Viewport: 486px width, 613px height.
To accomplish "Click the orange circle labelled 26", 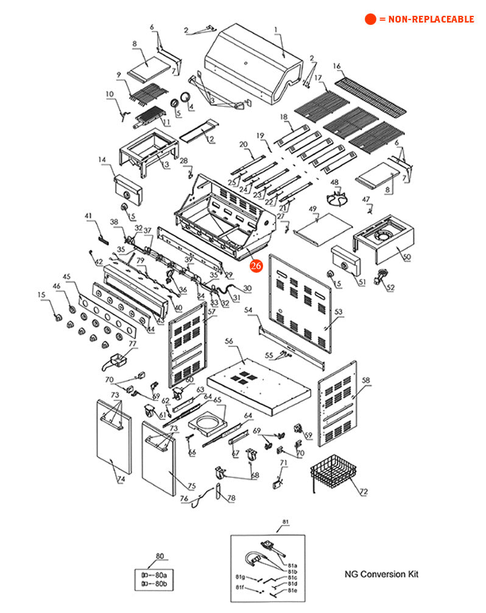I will point(256,265).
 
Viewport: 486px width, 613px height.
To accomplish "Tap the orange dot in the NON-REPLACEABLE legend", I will point(370,19).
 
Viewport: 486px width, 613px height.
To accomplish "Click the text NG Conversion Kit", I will point(381,574).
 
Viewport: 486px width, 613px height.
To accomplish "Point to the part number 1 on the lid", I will point(275,29).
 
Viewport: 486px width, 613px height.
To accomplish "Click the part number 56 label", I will point(229,342).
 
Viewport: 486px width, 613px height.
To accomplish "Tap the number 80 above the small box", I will point(160,556).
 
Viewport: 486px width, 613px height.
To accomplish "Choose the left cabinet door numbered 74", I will point(113,437).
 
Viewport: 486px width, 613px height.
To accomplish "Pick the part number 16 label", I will point(337,66).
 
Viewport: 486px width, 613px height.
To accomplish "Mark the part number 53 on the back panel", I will point(339,312).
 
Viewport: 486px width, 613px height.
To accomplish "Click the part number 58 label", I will point(365,380).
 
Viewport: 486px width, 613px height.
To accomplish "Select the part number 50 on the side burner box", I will point(406,257).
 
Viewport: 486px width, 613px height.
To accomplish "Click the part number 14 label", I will point(102,159).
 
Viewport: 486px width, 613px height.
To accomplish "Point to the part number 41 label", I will point(88,215).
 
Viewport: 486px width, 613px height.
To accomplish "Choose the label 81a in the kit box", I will point(292,565).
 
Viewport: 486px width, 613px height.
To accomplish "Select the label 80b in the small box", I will point(161,584).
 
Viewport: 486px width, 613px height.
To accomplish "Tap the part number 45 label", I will point(66,276).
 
